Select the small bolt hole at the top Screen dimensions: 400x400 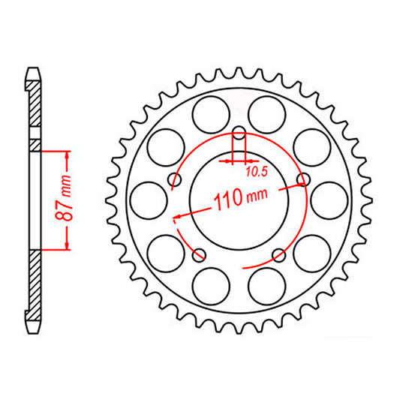(239, 136)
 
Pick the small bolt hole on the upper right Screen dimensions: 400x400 (304, 179)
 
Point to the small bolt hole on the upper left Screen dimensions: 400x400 (175, 179)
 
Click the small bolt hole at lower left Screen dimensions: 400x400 (200, 254)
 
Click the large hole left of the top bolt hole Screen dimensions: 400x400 (210, 116)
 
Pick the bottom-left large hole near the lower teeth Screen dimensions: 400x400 (210, 284)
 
